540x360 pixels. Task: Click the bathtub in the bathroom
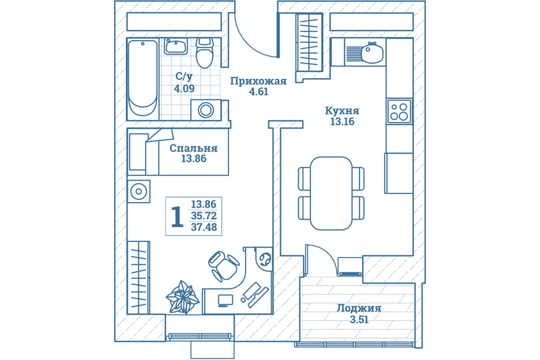tap(143, 78)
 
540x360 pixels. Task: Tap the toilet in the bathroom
tap(205, 53)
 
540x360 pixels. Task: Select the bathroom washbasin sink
tap(175, 47)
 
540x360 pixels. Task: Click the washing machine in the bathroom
tap(206, 110)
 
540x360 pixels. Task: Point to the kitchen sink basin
tap(372, 53)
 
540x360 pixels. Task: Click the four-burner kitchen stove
tap(399, 111)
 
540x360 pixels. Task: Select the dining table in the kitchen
tap(331, 193)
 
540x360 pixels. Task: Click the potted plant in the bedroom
tap(182, 297)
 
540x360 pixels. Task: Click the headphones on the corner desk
tap(265, 258)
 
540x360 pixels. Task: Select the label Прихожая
tap(258, 82)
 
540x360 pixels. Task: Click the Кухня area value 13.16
tap(343, 121)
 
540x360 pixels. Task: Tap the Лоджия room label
tap(359, 308)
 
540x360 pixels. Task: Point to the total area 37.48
tap(204, 227)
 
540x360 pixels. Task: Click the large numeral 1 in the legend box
tap(177, 217)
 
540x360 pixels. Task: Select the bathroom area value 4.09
tap(184, 88)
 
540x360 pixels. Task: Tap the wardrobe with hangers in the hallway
tap(309, 43)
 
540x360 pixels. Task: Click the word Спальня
tap(193, 148)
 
